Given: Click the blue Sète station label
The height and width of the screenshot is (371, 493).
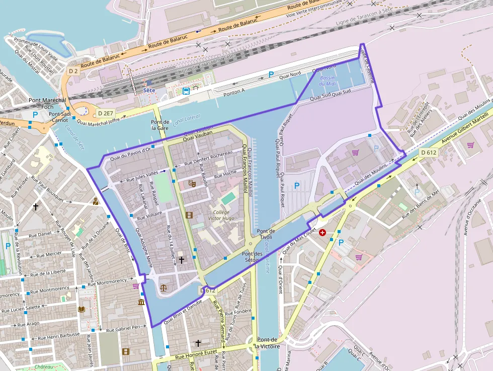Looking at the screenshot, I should pyautogui.click(x=149, y=90).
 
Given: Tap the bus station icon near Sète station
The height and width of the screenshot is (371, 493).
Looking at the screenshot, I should pyautogui.click(x=186, y=91).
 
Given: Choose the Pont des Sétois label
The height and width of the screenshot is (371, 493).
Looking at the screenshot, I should pyautogui.click(x=253, y=257).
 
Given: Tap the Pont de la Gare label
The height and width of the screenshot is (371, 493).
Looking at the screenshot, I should pyautogui.click(x=160, y=125).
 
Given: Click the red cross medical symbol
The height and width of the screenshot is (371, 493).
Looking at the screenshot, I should pyautogui.click(x=322, y=233).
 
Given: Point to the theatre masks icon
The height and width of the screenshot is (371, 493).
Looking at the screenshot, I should pyautogui.click(x=192, y=184).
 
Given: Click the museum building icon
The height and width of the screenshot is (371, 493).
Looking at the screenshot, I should pyautogui.click(x=141, y=302).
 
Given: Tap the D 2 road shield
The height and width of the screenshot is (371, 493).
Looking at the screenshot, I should pyautogui.click(x=73, y=71).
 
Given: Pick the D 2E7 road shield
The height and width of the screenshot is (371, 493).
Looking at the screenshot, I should pyautogui.click(x=106, y=113).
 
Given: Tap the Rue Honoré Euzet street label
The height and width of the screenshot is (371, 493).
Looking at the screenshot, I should pyautogui.click(x=196, y=356).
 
